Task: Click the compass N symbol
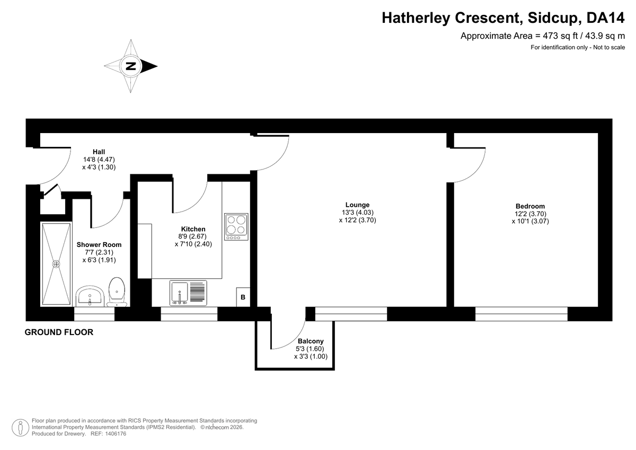point(130,67)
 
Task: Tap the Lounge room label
point(357,205)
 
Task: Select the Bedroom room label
point(530,207)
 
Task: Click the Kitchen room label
point(193,229)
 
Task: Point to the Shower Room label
point(99,245)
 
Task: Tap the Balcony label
point(311,341)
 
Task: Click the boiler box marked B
point(243,297)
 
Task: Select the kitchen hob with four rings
point(236,226)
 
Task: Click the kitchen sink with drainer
point(188,293)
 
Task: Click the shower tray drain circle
point(56,263)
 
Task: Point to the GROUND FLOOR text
point(59,333)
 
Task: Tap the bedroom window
point(521,314)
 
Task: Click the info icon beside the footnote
point(20,427)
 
